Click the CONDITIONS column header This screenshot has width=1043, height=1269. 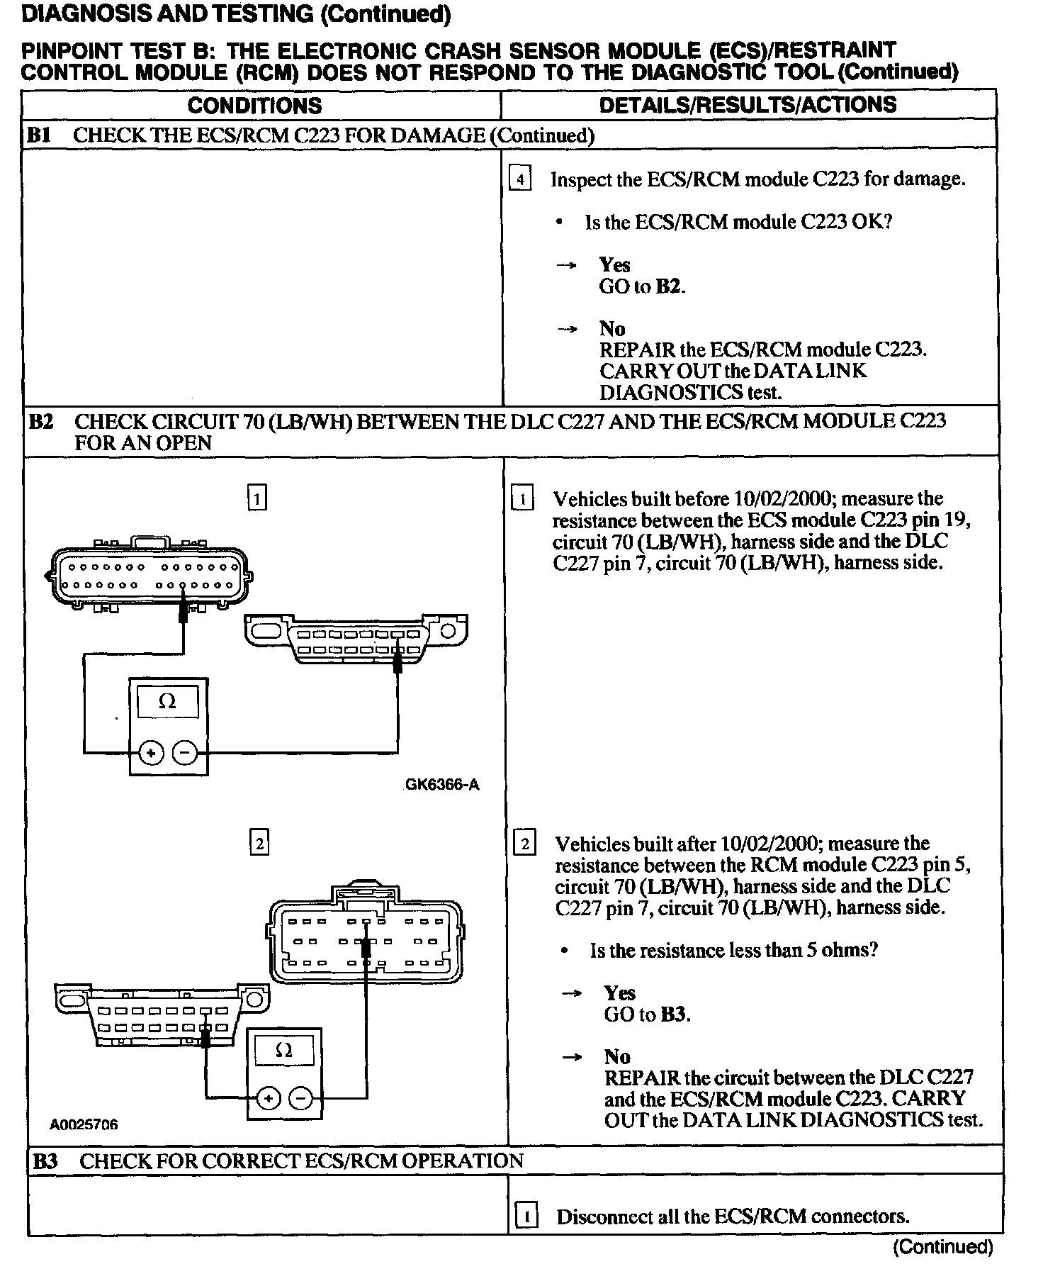click(254, 106)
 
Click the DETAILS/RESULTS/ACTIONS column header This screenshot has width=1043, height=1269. click(748, 105)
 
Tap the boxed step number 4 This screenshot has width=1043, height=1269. click(520, 180)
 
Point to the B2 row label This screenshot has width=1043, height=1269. click(40, 422)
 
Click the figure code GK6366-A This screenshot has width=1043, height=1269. click(442, 785)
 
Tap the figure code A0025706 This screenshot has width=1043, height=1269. click(84, 1124)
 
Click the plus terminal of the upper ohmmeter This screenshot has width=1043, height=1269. click(151, 752)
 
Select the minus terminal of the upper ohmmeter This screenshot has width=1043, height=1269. click(185, 752)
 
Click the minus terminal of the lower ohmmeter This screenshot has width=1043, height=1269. click(301, 1099)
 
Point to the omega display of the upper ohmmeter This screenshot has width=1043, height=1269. click(167, 702)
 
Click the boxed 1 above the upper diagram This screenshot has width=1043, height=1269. click(257, 499)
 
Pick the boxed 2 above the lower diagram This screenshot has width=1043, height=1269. click(259, 844)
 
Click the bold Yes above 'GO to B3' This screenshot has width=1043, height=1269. click(619, 993)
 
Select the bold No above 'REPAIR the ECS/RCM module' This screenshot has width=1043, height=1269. click(612, 329)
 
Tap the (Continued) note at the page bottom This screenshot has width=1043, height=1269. click(943, 1246)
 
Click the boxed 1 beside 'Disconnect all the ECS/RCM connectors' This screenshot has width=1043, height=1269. click(526, 1217)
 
